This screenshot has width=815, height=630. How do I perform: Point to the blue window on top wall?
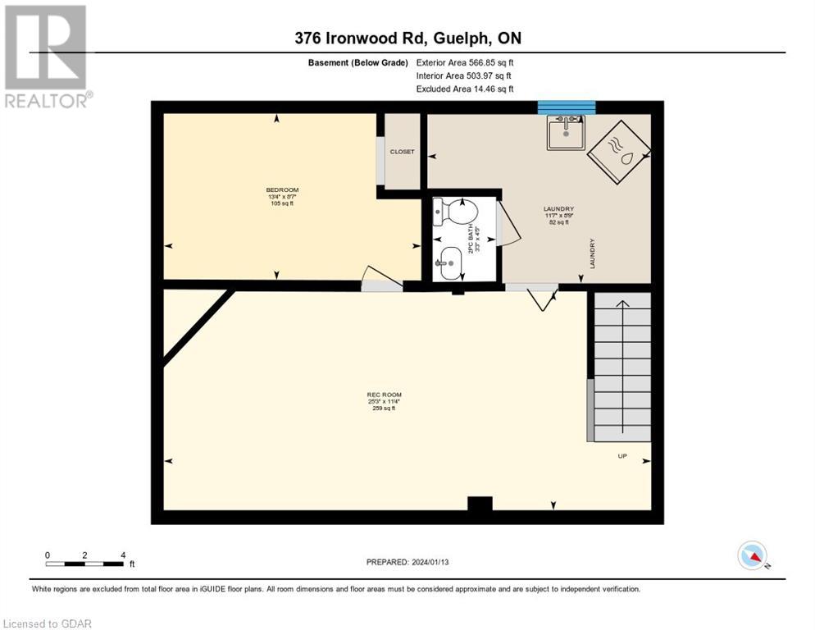[x=566, y=107]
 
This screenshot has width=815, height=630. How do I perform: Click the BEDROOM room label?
[x=276, y=190]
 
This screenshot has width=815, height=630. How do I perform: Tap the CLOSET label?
[x=402, y=152]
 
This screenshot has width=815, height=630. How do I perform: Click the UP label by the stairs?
[x=621, y=456]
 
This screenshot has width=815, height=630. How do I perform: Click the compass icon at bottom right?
[x=752, y=556]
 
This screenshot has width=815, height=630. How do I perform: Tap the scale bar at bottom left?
[x=85, y=563]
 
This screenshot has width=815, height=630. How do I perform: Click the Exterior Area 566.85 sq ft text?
[x=465, y=62]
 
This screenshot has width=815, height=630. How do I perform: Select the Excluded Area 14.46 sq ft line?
[x=465, y=89]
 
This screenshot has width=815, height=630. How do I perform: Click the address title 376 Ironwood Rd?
[x=407, y=38]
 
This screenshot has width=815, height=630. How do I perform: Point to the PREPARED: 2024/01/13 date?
[x=407, y=562]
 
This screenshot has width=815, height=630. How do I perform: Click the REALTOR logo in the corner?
[x=46, y=56]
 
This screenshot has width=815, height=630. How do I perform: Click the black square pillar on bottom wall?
[x=479, y=504]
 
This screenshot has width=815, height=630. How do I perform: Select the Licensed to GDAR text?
[x=48, y=623]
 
